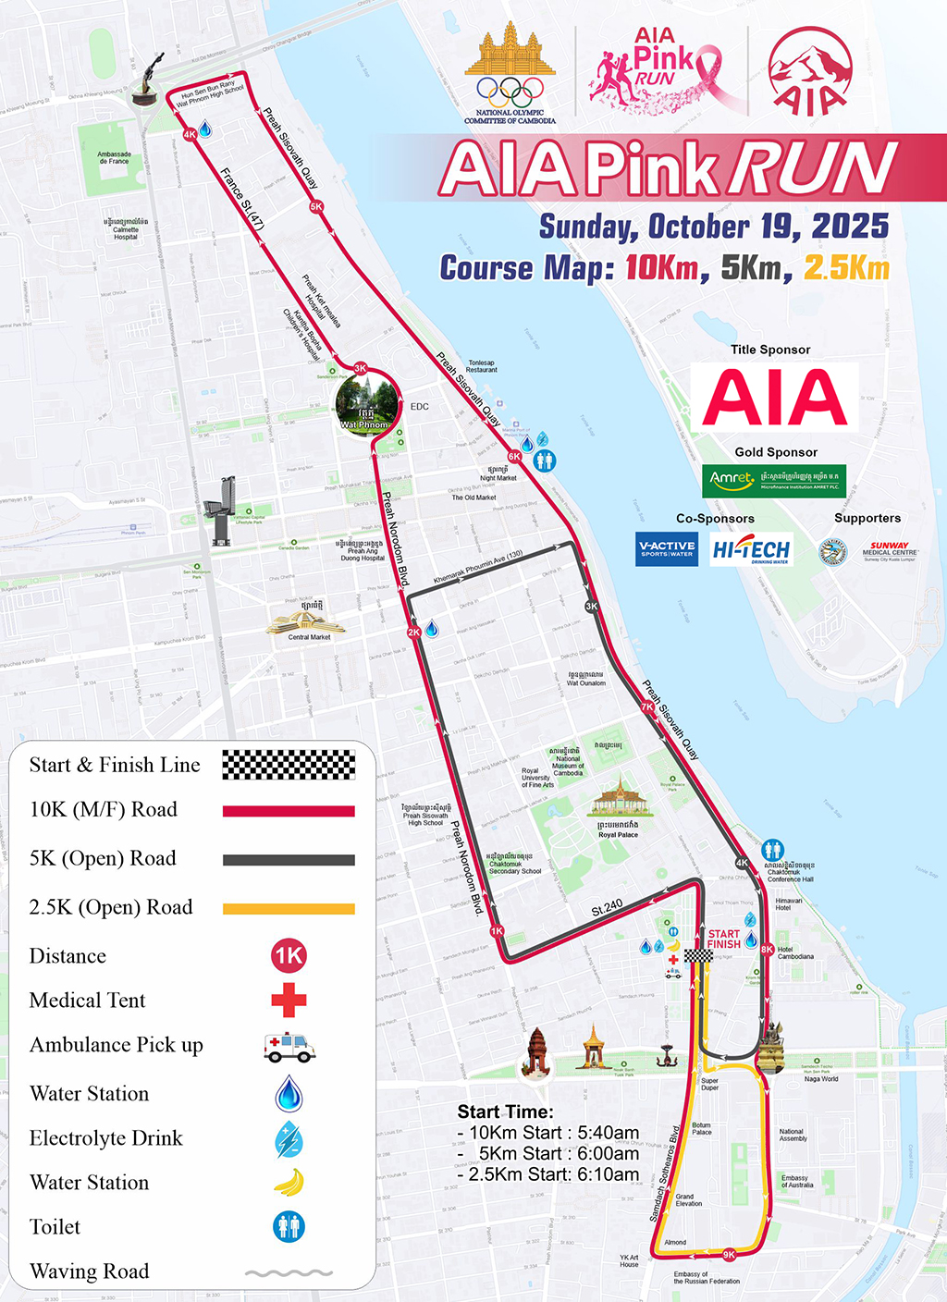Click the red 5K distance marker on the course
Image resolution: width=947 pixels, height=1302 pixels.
316,207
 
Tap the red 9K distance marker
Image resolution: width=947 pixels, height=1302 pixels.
729,1255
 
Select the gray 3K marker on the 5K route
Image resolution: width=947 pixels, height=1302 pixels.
592,607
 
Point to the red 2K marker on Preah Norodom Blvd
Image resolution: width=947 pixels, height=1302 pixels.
413,633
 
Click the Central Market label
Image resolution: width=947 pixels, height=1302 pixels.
309,637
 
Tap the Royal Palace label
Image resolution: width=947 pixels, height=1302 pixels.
618,835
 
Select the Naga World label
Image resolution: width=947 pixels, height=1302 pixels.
821,1079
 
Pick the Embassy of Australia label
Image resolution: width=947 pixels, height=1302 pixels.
797,1182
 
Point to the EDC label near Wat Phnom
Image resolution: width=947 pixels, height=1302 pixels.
419,407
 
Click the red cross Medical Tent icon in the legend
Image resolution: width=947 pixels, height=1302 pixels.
289,1000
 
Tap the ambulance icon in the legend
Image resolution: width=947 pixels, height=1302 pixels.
289,1047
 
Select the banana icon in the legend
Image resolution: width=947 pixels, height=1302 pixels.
289,1183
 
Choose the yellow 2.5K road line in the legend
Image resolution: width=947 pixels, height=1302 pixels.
289,909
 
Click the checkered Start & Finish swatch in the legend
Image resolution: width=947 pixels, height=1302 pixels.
289,765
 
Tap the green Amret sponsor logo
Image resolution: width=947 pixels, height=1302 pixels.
774,481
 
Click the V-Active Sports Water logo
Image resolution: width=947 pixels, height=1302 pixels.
667,548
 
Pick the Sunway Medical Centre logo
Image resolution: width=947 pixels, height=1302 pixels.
890,551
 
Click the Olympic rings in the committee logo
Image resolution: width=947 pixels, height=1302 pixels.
510,91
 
